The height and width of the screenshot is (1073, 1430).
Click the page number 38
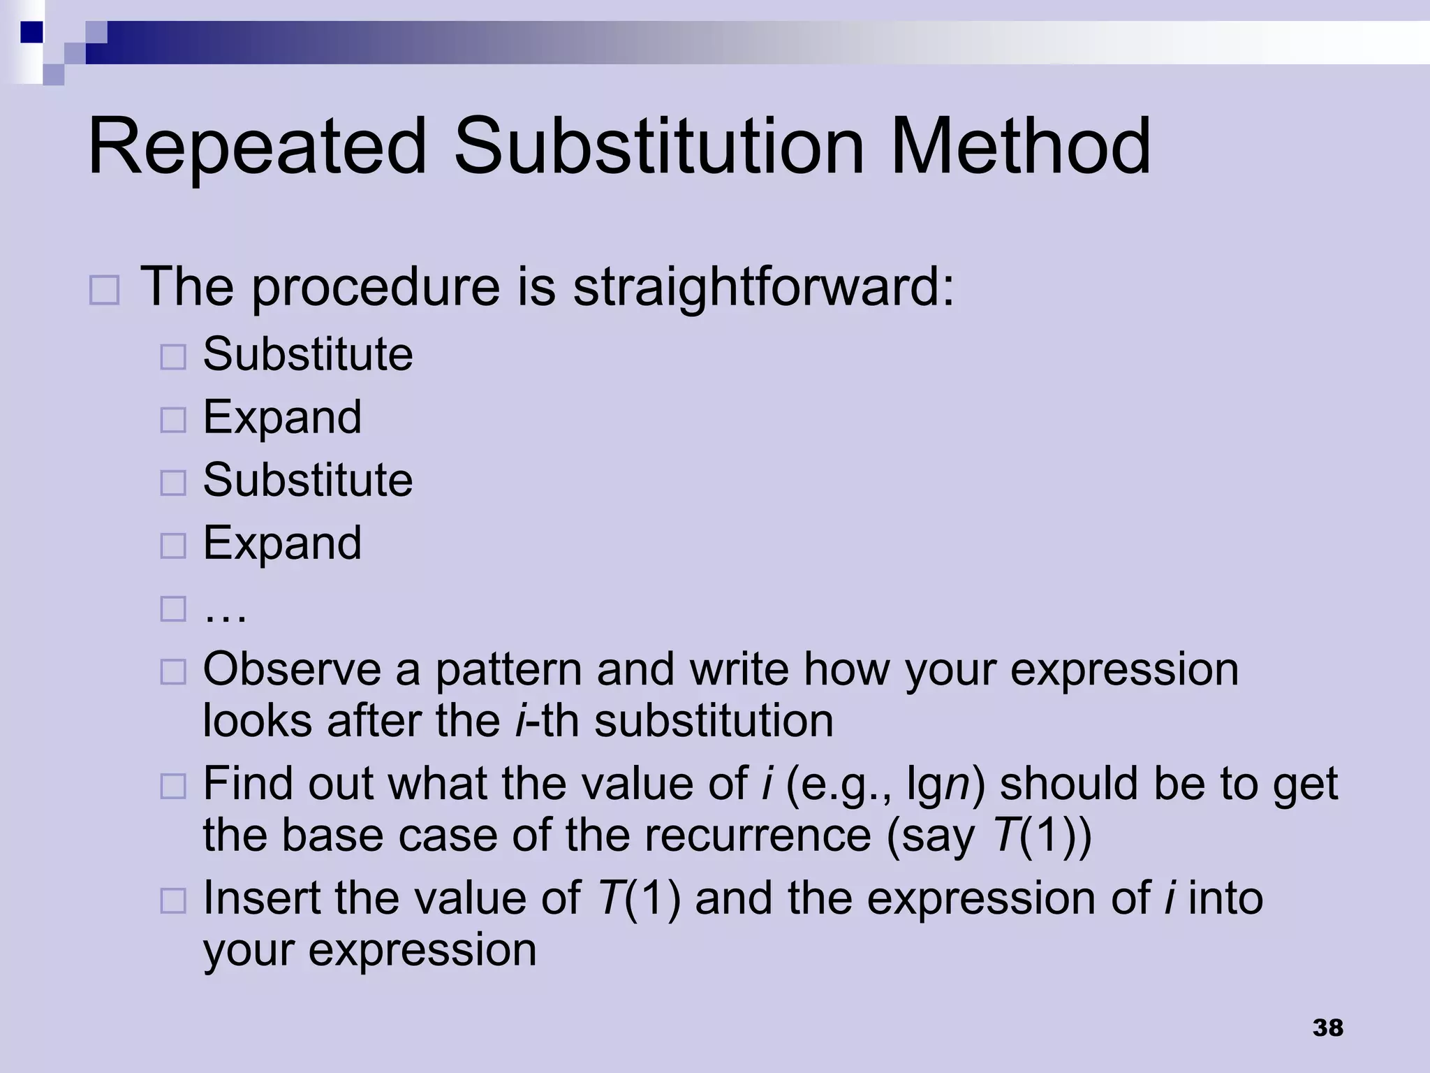tap(1327, 1028)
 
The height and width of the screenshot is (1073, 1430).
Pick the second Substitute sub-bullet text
tap(308, 480)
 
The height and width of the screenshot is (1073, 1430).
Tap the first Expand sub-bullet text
tap(282, 417)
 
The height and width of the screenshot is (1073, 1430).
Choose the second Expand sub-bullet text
tap(282, 543)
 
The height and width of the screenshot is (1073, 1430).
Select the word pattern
tap(508, 669)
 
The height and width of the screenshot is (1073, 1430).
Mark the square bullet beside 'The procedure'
tap(105, 289)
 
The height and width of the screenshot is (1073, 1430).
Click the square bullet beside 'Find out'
tap(173, 787)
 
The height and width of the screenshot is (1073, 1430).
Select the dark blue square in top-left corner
tap(31, 32)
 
